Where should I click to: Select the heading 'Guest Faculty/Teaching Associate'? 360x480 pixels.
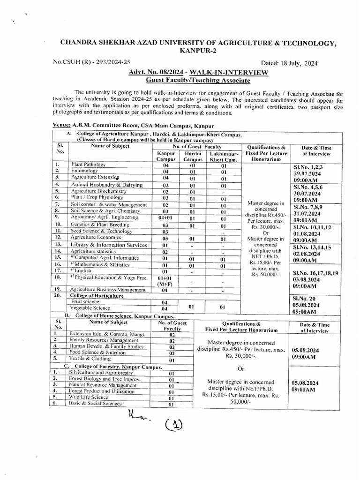[x=198, y=81]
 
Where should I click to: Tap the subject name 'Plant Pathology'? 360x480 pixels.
[x=88, y=165]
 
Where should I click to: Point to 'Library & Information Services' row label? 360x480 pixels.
[x=109, y=245]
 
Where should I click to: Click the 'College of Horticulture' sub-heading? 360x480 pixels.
[x=97, y=296]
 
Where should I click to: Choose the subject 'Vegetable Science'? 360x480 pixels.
[x=90, y=308]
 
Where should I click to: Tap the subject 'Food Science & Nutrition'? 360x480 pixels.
[x=97, y=352]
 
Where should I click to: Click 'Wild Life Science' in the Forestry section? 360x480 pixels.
[x=89, y=397]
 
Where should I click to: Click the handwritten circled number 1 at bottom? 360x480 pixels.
[x=174, y=425]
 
